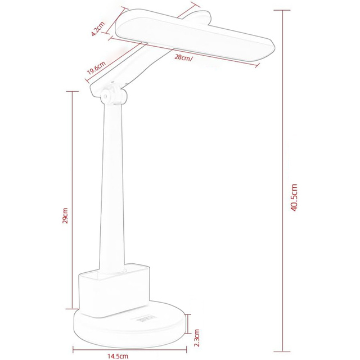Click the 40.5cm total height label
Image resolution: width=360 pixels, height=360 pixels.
point(294,200)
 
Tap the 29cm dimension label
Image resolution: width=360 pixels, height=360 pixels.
point(65,217)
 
